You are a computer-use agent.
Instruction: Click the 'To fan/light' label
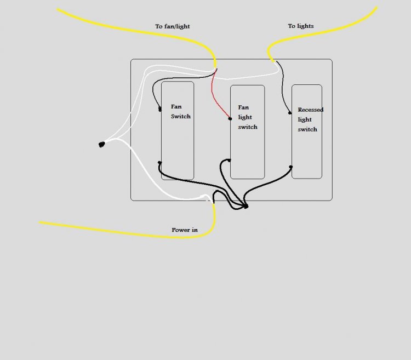click(172, 26)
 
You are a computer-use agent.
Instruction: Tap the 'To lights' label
click(301, 26)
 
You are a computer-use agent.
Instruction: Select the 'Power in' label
click(185, 230)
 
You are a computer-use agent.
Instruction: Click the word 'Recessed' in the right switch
click(311, 110)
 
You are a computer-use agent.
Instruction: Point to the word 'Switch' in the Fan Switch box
click(181, 116)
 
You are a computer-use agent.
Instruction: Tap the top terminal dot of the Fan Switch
click(160, 109)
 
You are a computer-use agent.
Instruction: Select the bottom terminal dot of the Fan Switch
click(159, 163)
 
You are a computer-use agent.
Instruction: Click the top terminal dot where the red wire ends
click(230, 119)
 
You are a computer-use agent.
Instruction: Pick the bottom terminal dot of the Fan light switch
click(230, 160)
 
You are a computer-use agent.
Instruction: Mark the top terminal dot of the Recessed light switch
click(290, 113)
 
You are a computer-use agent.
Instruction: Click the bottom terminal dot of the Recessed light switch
click(290, 167)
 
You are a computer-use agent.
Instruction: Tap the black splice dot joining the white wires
click(102, 144)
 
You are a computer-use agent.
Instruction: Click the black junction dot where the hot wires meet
click(246, 207)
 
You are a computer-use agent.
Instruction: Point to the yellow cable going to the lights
click(315, 34)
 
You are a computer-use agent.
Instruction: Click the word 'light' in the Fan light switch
click(245, 117)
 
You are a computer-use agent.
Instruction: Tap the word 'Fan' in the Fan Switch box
click(176, 107)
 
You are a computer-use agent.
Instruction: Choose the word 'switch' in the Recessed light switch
click(307, 129)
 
